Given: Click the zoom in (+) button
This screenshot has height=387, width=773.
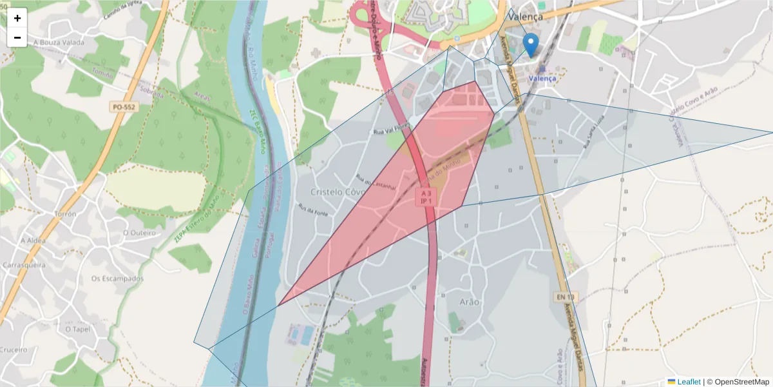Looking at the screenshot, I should [17, 18].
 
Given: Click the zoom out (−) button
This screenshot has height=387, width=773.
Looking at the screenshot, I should [17, 37].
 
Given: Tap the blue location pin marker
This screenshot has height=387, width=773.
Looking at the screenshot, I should [530, 45].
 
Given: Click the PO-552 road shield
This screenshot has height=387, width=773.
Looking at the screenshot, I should [123, 107].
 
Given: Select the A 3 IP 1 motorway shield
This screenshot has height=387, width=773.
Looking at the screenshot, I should [425, 197].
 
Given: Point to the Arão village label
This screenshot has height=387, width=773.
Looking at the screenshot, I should [470, 302].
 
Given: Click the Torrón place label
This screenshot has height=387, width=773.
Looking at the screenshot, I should [66, 213].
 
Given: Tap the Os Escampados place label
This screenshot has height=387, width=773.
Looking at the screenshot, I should [117, 279].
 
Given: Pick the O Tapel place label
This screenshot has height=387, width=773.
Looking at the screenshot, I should [78, 328].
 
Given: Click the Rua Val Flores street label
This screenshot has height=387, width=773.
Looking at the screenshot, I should [392, 130].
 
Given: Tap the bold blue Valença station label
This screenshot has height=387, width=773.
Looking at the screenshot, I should [542, 78].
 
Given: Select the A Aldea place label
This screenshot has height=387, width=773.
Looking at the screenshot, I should [32, 240].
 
